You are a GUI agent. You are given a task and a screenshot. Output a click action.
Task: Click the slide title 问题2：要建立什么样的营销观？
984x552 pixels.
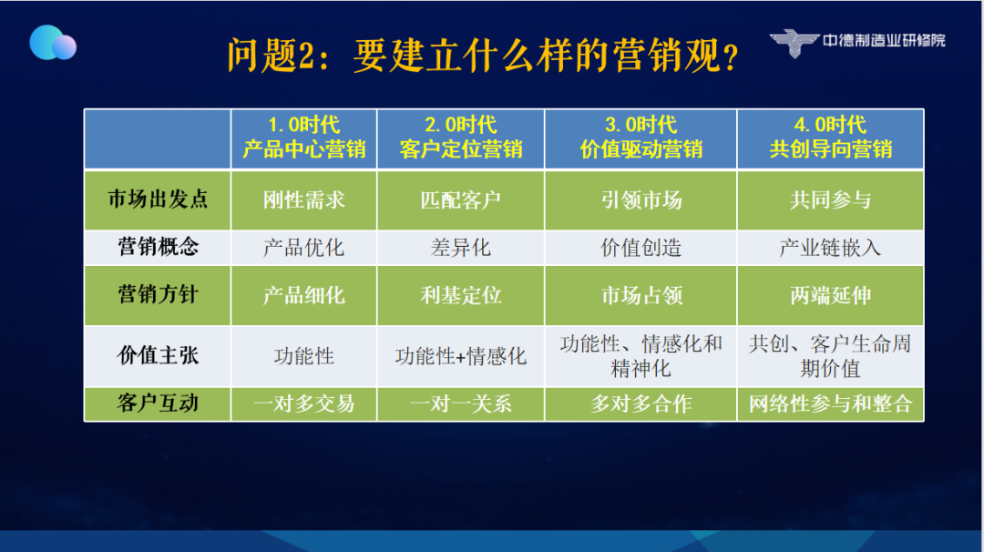(x=483, y=56)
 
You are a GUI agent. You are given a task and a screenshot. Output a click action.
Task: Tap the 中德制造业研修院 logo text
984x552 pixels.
(x=884, y=41)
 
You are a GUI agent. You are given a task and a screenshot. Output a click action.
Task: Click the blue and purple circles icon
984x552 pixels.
(x=53, y=43)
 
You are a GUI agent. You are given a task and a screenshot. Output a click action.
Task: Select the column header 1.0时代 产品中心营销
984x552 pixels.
(x=303, y=137)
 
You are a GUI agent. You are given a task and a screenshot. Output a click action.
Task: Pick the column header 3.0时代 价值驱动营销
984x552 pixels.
(x=641, y=137)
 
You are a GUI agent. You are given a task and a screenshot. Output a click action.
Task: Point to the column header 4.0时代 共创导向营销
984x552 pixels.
(x=830, y=137)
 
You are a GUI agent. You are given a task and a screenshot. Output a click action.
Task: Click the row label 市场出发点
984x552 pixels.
(x=158, y=199)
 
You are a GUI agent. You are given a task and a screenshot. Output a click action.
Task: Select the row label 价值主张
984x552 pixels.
(x=158, y=355)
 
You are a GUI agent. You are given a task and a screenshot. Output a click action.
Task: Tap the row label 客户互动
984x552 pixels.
(x=158, y=404)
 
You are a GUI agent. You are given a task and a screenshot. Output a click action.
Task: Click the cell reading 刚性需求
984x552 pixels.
(x=303, y=200)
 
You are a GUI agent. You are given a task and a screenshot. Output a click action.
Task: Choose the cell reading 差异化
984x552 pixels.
(x=461, y=248)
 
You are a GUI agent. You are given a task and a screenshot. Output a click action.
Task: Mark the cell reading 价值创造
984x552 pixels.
(x=641, y=248)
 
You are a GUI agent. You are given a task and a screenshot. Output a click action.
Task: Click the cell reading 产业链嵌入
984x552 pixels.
(x=830, y=248)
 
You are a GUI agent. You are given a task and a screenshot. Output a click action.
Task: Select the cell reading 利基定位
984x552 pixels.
(x=461, y=295)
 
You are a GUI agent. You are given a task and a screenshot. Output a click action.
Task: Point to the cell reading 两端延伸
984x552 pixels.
(x=830, y=295)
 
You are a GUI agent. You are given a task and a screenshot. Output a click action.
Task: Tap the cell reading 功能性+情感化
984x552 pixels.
(x=461, y=356)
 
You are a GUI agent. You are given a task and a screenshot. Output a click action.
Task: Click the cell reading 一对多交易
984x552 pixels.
(x=303, y=404)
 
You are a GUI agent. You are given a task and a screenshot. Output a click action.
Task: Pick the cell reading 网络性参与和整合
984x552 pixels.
(x=830, y=404)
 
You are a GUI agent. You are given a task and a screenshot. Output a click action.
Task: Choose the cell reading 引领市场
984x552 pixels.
(x=641, y=200)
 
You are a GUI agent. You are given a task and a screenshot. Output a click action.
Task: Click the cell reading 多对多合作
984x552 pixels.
(x=641, y=404)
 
